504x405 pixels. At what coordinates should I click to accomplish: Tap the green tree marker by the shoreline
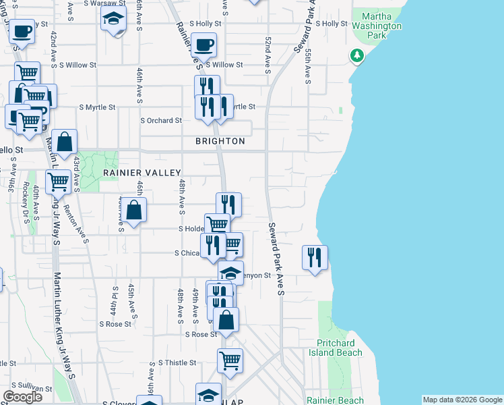[356, 56]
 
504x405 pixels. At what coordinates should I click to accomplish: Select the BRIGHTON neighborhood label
[220, 141]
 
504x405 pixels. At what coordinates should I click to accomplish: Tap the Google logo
[22, 397]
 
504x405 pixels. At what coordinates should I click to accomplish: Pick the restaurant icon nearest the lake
[315, 257]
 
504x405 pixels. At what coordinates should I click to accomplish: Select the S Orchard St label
[160, 121]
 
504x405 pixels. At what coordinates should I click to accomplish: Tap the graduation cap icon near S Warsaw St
[114, 20]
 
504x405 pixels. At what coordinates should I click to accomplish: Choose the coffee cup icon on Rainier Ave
[203, 45]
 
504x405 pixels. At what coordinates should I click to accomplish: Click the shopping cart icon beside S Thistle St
[230, 360]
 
